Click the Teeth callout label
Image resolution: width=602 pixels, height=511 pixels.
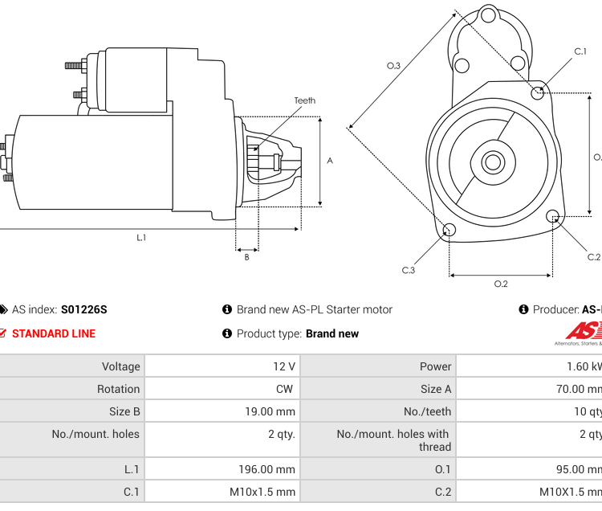coord(304,100)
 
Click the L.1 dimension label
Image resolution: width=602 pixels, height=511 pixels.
coord(141,237)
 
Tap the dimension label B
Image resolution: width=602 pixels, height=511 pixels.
coord(246,257)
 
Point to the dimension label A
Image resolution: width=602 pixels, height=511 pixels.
coord(330,160)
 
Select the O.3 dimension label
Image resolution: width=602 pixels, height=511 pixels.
coord(393,66)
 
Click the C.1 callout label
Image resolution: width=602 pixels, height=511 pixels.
coord(580,51)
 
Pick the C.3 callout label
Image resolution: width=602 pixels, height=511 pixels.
coord(409,270)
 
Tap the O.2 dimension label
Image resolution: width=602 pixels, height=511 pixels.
coord(501,284)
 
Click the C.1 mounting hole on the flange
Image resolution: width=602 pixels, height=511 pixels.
coord(539,93)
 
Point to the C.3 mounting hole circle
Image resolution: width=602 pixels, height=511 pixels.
coord(449,231)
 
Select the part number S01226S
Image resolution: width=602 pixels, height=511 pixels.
coord(83,309)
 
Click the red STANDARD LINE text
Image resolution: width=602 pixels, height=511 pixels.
coord(53,333)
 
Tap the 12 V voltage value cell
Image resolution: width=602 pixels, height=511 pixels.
coord(284,366)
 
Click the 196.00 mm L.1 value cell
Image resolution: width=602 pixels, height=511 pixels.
coord(266,469)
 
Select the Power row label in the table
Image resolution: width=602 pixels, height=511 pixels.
coord(435,366)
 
